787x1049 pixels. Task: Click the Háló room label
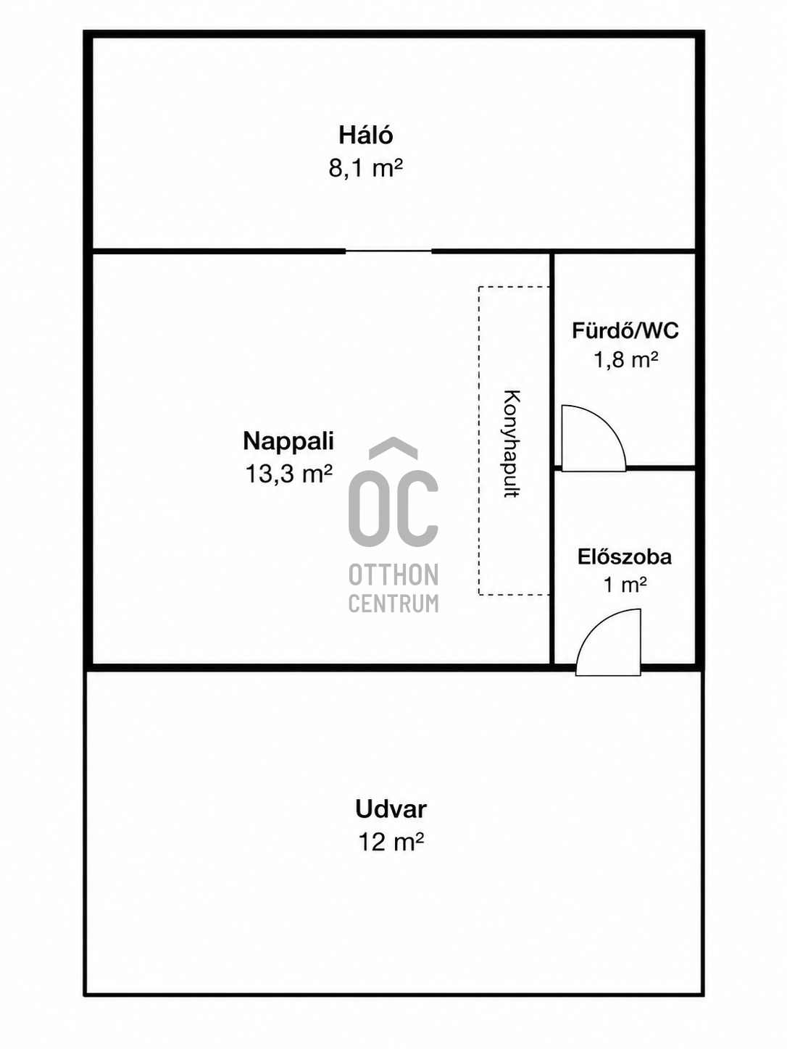click(x=365, y=135)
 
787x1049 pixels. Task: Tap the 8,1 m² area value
click(x=365, y=168)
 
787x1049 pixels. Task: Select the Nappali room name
click(x=288, y=440)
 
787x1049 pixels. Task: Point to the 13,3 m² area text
click(x=288, y=474)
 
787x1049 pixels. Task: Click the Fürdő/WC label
click(x=625, y=330)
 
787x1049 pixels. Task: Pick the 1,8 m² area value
click(x=625, y=360)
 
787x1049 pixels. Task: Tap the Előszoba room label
click(x=625, y=557)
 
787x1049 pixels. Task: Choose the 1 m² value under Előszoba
click(x=625, y=585)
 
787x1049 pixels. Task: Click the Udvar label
click(x=391, y=809)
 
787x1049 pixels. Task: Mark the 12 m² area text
click(x=391, y=842)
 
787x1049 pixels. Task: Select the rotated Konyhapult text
click(x=512, y=444)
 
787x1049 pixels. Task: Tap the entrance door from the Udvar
click(x=608, y=643)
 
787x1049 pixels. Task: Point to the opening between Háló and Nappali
click(x=388, y=251)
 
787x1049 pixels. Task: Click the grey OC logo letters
click(x=393, y=508)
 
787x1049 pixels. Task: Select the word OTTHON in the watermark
click(x=393, y=574)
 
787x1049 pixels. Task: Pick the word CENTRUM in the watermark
click(x=393, y=603)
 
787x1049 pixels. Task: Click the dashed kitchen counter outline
click(x=479, y=440)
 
